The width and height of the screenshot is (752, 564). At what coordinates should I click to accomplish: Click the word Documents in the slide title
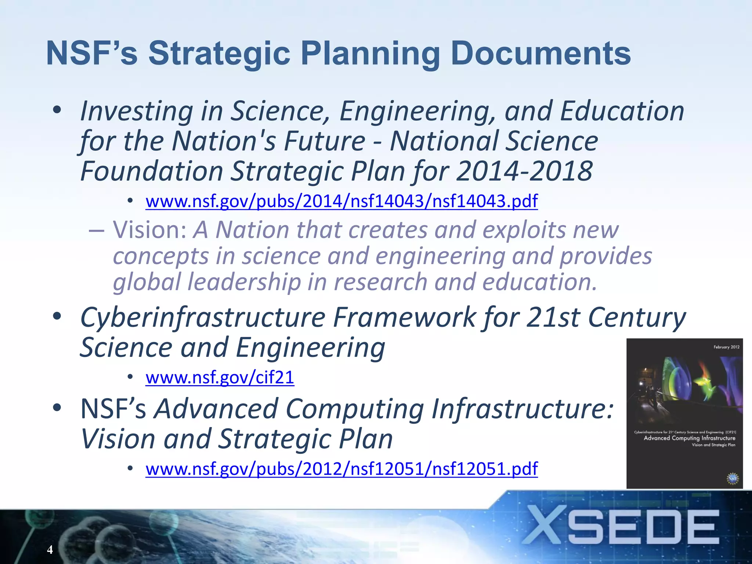coord(540,54)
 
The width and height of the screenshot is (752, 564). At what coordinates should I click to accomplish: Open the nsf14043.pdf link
coord(341,201)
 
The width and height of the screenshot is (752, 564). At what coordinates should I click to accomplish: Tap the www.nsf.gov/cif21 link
coord(220,377)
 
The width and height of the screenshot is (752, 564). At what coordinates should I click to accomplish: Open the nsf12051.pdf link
coord(341,469)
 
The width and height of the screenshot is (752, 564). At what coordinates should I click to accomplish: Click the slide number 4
coord(50,549)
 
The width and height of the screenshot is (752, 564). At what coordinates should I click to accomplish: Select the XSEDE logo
coord(621,526)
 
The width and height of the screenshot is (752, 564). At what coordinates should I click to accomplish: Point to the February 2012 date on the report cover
coord(726,347)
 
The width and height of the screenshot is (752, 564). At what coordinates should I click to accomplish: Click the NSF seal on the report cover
coord(732,478)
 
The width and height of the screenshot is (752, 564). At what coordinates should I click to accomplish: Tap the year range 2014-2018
coord(524,171)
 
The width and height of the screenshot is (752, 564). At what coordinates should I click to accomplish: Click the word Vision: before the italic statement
coord(150,230)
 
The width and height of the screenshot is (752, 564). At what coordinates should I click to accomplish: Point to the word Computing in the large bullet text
coord(354,409)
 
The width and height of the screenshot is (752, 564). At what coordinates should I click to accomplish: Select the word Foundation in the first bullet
coord(152,171)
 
